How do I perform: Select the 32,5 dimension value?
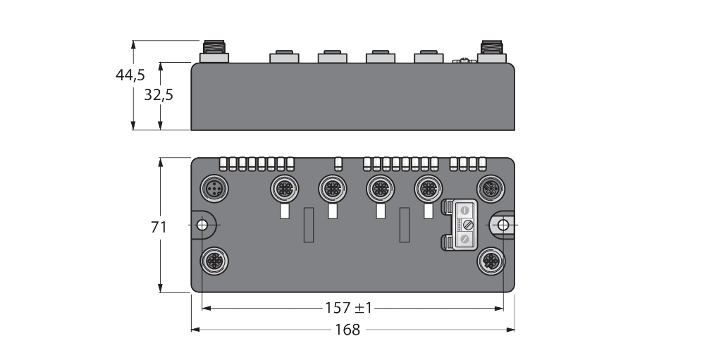coord(159,95)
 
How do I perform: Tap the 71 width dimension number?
coord(159,227)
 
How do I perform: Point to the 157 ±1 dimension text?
coord(348,308)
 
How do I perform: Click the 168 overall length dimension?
coord(348,329)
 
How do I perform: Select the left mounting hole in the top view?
coord(202,225)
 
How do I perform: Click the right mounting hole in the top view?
coord(503,225)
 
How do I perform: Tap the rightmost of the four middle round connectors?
coord(426,188)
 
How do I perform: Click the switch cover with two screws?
coord(464,225)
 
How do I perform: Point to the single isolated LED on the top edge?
coord(338,164)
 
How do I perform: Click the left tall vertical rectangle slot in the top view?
coord(308,225)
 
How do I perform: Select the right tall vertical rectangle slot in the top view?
coord(405,225)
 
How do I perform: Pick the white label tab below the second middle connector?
coord(332,211)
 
